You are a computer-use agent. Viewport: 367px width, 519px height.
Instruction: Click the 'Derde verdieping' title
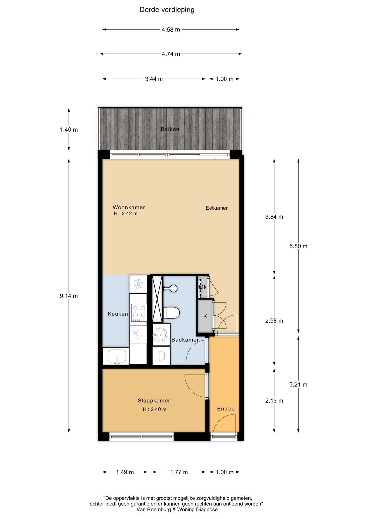tap(167, 10)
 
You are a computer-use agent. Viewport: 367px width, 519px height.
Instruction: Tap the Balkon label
tap(170, 129)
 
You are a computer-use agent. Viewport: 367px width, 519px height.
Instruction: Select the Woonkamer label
tap(129, 207)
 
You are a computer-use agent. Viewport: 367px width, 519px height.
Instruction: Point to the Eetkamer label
tap(217, 208)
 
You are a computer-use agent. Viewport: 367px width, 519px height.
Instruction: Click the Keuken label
tap(118, 314)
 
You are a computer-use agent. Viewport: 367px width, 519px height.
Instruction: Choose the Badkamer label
tap(185, 340)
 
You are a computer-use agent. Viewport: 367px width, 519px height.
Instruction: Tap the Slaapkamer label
tap(154, 401)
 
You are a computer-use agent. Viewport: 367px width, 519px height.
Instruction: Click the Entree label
tap(226, 409)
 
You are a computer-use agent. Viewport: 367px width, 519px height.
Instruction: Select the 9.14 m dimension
tap(69, 296)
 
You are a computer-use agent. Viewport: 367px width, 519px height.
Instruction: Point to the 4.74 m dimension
tap(171, 54)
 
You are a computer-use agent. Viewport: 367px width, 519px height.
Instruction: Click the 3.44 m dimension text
tap(154, 79)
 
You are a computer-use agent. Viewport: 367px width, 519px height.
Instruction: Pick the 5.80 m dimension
tap(298, 246)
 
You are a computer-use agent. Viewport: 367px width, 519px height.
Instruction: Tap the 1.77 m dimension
tap(179, 472)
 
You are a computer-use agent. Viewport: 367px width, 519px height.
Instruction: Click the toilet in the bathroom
tap(171, 313)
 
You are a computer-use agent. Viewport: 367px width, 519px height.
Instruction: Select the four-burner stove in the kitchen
tap(139, 313)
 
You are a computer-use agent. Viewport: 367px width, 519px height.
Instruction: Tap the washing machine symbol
tap(161, 335)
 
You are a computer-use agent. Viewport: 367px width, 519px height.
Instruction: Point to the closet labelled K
tap(205, 316)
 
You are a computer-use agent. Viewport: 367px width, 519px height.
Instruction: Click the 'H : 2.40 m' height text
tap(155, 409)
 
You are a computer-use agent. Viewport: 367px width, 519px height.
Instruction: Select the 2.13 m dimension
tap(274, 401)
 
